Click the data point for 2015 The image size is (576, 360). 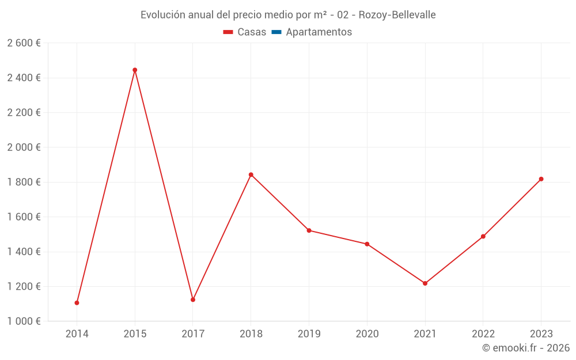click(x=135, y=70)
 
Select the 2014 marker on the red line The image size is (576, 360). click(x=77, y=303)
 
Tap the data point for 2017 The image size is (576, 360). click(x=193, y=300)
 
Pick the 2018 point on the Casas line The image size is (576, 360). click(x=251, y=175)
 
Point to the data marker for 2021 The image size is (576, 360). click(x=425, y=283)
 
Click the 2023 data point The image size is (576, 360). click(x=541, y=179)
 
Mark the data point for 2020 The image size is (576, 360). click(x=367, y=244)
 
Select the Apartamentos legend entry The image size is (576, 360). click(x=319, y=32)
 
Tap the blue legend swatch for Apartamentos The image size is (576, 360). click(x=276, y=32)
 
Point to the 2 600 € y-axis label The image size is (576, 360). click(x=24, y=43)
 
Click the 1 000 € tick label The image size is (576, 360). click(x=24, y=321)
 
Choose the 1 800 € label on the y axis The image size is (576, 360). click(x=24, y=182)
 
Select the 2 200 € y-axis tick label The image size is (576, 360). click(x=24, y=113)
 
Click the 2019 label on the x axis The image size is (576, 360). click(x=309, y=334)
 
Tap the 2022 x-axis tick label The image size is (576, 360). click(x=483, y=334)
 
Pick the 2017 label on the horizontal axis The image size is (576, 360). click(x=193, y=334)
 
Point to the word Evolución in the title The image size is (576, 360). click(x=163, y=14)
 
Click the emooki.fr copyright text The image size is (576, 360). click(x=526, y=348)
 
